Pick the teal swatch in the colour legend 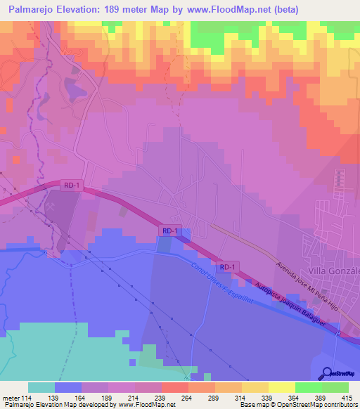click(41, 387)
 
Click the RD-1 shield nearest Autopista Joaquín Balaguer click(226, 268)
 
